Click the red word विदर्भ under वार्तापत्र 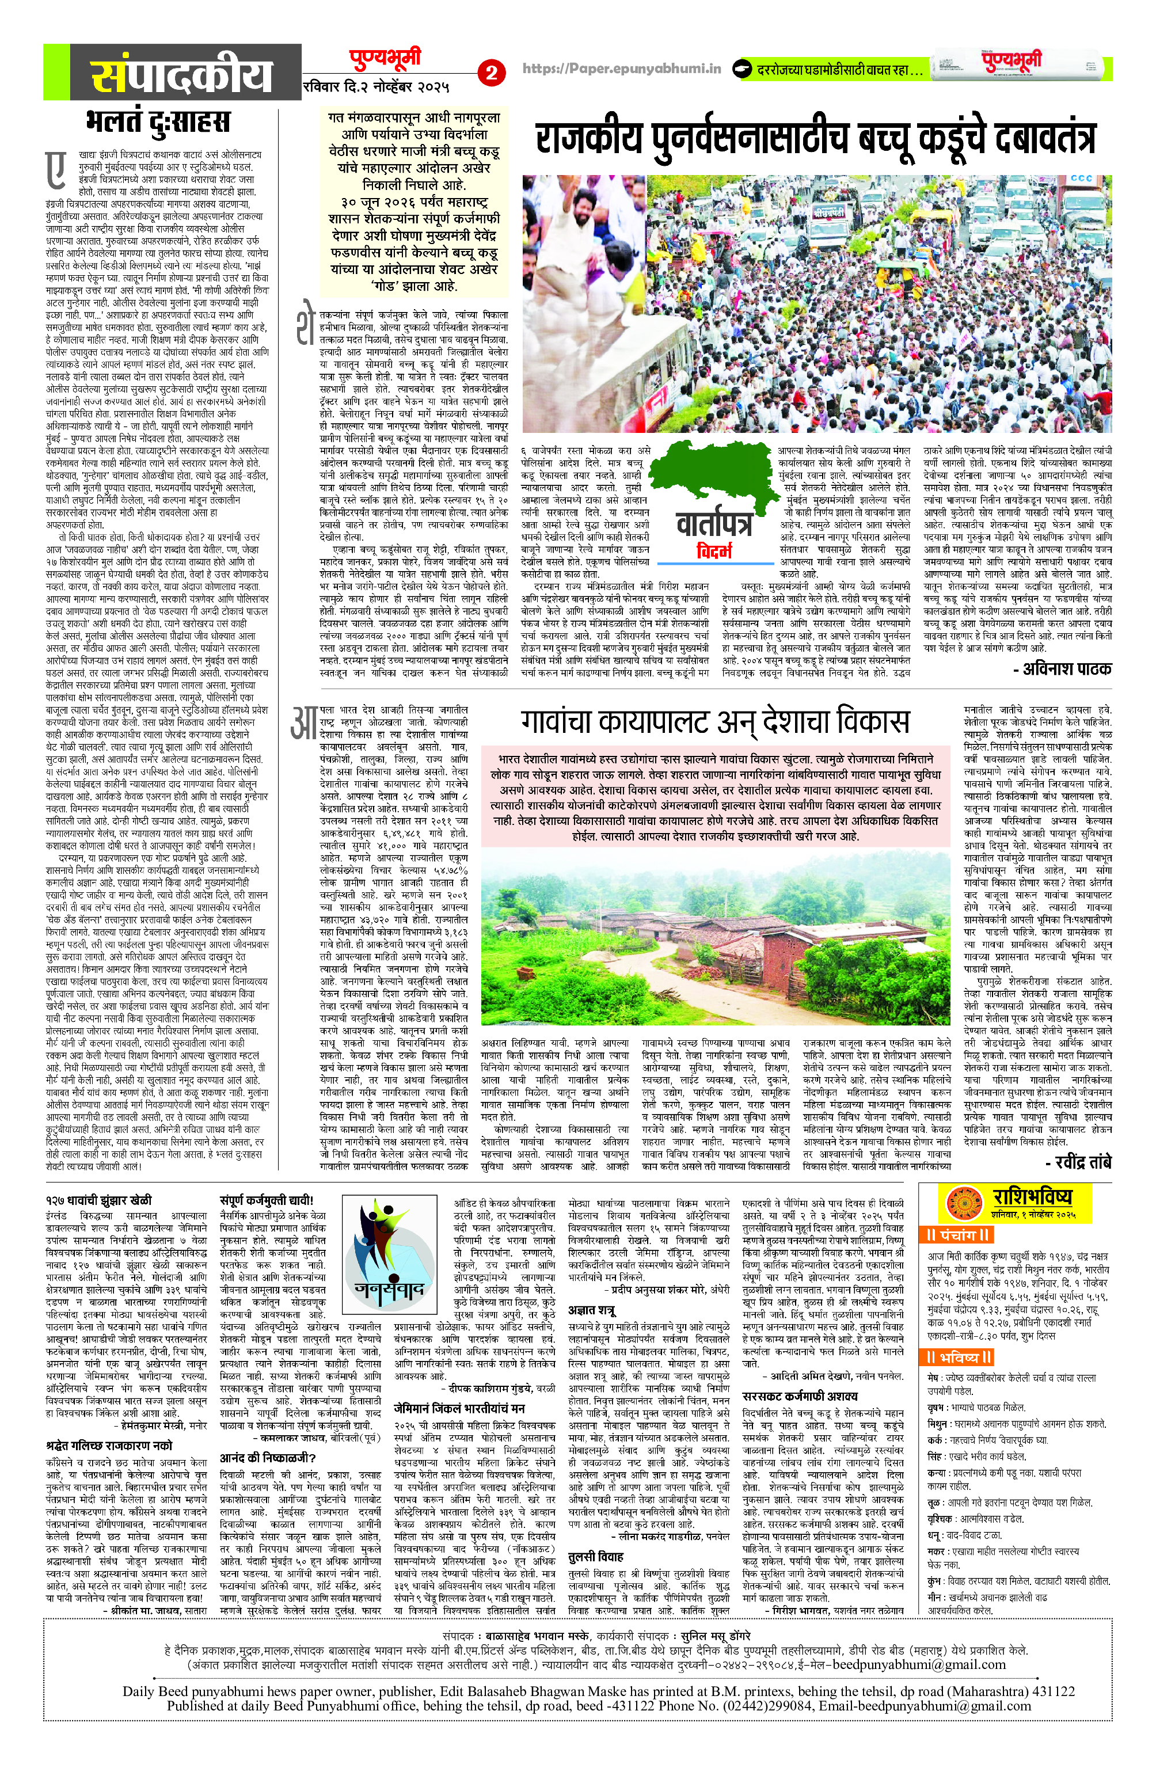714,550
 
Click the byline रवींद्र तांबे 1078,1161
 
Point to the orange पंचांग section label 959,1235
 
